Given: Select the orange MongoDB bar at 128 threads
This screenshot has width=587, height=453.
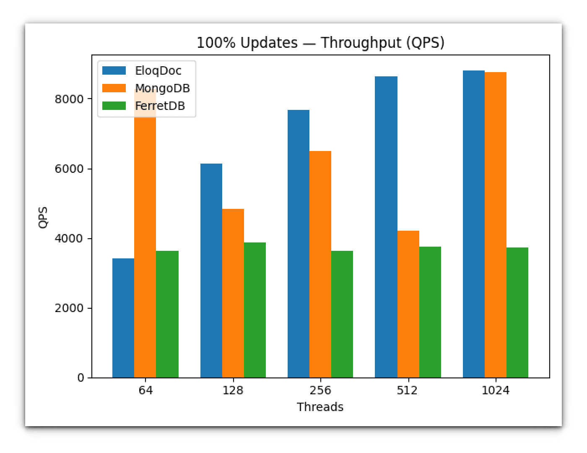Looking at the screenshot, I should coord(233,293).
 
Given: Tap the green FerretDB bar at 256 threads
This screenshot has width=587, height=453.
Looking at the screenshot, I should coord(342,314).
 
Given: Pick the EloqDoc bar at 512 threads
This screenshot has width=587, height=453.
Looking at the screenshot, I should coord(386,227).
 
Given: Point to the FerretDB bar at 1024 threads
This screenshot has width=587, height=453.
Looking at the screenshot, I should coord(517,312).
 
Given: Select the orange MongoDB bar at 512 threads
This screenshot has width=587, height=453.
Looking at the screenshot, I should coord(408,304).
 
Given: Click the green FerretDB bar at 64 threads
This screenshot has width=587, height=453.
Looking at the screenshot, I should coord(167,314).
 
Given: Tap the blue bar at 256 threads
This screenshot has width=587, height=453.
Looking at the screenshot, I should coord(299,244).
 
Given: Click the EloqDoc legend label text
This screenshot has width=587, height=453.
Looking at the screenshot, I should coord(158,71).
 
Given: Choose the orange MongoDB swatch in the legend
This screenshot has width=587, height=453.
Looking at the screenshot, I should coord(114,88).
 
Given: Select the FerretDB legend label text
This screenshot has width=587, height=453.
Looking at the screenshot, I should coord(160,106).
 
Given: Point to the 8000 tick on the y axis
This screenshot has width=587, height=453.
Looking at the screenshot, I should coord(69,99).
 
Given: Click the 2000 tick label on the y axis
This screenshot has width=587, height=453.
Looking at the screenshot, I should coord(69,308).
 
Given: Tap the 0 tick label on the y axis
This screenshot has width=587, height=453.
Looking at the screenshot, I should coord(81,378).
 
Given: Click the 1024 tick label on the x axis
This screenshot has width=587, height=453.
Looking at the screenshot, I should coord(495,391).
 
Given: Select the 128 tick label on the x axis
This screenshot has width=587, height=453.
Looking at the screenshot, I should coord(233,391).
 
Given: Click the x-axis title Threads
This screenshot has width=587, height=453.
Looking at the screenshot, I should coord(320,407).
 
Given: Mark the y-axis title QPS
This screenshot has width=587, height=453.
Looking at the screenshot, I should coord(43,217).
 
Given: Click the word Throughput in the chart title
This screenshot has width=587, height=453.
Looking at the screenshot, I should coord(361,43).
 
